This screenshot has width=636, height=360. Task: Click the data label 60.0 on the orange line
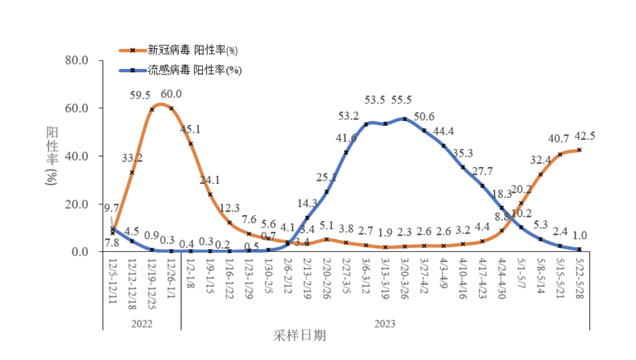(x=171, y=94)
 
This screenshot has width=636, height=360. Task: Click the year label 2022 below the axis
(x=142, y=324)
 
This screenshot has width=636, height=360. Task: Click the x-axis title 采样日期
(x=300, y=336)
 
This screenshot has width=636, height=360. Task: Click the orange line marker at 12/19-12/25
(x=152, y=109)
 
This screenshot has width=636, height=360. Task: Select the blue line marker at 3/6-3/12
(x=365, y=124)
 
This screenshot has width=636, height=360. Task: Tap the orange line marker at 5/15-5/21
(x=560, y=154)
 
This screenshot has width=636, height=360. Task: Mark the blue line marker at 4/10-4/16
(x=463, y=167)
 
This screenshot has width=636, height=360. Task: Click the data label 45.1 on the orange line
(x=191, y=130)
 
